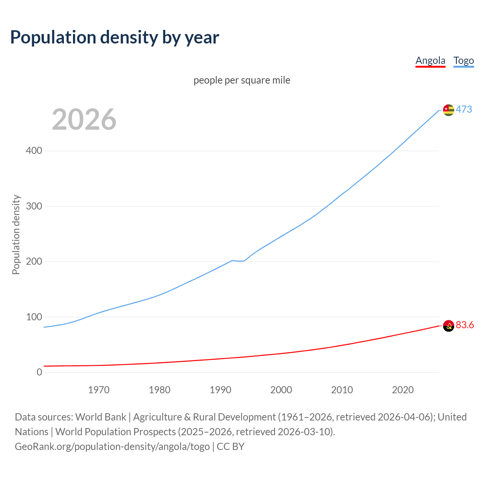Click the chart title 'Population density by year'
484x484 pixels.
tap(115, 37)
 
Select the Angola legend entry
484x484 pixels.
tap(430, 60)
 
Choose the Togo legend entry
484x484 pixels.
tap(464, 60)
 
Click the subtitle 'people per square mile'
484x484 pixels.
tap(242, 80)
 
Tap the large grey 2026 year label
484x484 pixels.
tap(84, 119)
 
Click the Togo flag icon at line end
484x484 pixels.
tap(448, 110)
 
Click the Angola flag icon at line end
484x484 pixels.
tap(448, 326)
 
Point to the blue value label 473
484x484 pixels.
tap(464, 110)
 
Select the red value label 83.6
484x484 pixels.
tap(465, 325)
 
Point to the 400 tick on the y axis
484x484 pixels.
tap(34, 151)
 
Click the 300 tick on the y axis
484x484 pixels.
tap(34, 206)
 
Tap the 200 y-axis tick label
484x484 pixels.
tap(34, 262)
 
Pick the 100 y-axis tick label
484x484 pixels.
tap(34, 317)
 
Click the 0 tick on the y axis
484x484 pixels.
tap(39, 372)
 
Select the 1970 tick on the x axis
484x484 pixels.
tap(99, 390)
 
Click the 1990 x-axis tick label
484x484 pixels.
tap(220, 390)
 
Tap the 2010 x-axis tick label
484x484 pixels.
tap(342, 390)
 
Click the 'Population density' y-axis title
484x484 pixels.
tap(16, 234)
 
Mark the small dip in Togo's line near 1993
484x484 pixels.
tap(239, 261)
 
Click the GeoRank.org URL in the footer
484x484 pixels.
tap(112, 447)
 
